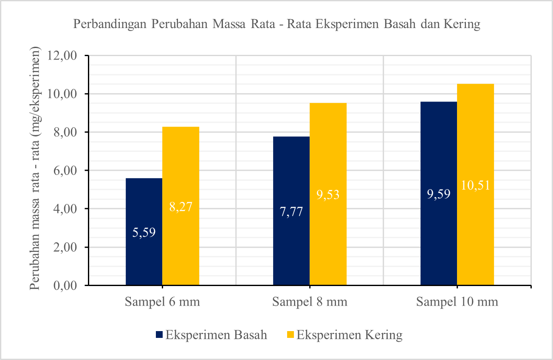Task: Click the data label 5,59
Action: click(144, 232)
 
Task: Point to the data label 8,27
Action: click(181, 207)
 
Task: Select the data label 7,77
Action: click(291, 211)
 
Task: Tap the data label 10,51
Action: click(475, 185)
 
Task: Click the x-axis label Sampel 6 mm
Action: click(162, 302)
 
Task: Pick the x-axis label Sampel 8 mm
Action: click(310, 302)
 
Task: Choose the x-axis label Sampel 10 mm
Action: click(457, 302)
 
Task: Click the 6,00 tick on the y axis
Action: click(66, 170)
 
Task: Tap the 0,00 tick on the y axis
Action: click(66, 286)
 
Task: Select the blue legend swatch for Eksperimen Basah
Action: click(159, 335)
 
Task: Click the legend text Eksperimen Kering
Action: click(349, 335)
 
